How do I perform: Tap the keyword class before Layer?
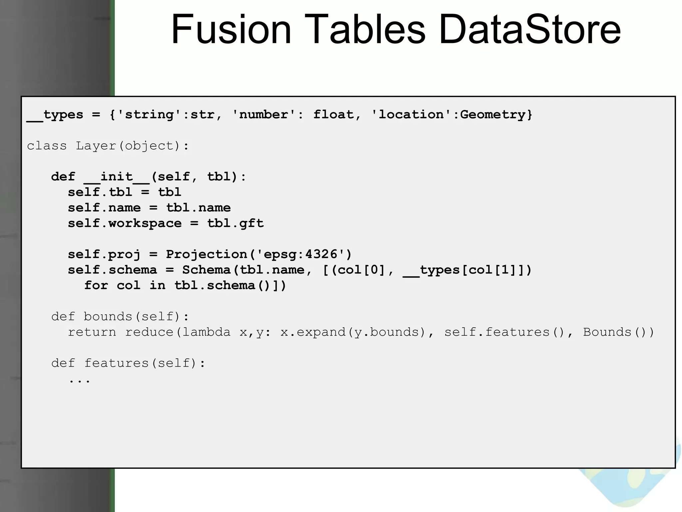click(x=47, y=146)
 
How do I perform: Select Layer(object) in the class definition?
click(x=128, y=146)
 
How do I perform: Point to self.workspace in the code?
click(x=125, y=223)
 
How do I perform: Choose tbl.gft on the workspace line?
click(x=235, y=223)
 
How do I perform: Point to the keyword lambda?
click(x=206, y=332)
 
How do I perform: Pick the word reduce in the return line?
click(x=149, y=332)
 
